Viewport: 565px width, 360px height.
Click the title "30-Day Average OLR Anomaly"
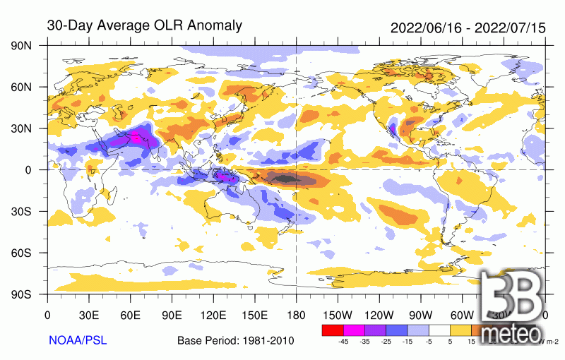click(x=144, y=26)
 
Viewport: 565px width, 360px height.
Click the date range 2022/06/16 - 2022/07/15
click(x=468, y=28)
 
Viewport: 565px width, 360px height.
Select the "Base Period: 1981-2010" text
click(x=236, y=341)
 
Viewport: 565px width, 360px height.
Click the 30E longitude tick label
click(x=88, y=315)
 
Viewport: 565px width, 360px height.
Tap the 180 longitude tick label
click(x=295, y=315)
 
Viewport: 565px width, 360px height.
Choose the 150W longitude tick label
click(x=337, y=315)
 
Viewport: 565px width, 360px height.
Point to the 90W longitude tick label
click(x=420, y=315)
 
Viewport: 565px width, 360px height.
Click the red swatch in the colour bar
click(x=332, y=330)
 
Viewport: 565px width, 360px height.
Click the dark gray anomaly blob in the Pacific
click(x=290, y=179)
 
